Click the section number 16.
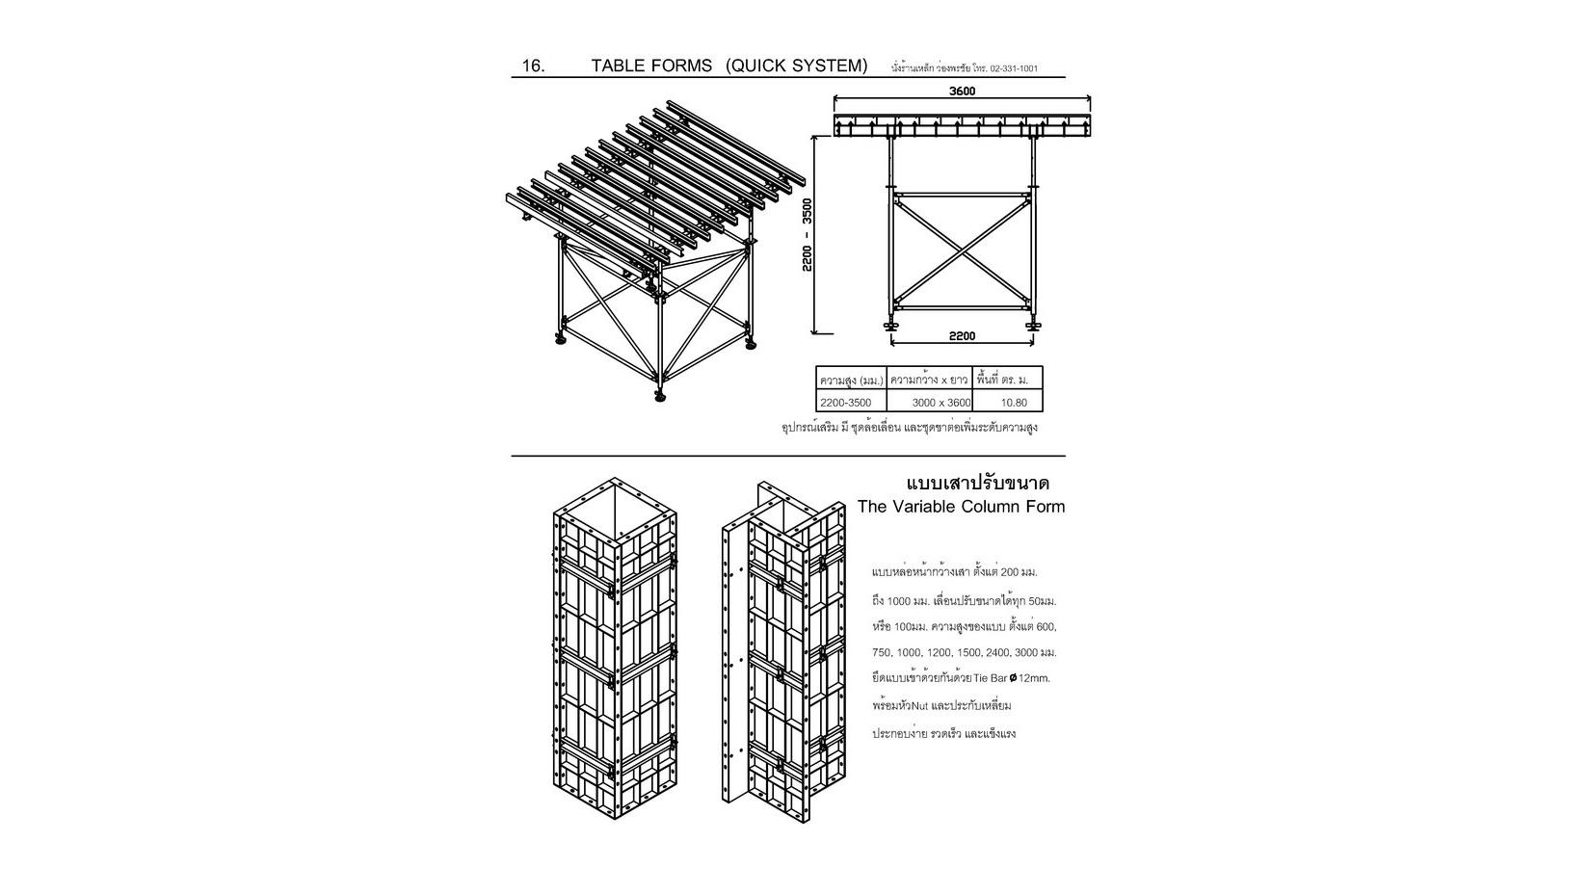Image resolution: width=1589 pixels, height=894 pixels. click(533, 66)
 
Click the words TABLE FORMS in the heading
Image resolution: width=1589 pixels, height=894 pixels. click(651, 66)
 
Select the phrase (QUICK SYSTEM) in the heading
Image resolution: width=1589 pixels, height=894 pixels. click(797, 66)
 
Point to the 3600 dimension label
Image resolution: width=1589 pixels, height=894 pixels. click(962, 92)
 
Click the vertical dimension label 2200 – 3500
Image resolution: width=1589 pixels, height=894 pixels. click(808, 234)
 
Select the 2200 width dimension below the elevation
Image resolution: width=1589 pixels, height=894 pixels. click(962, 336)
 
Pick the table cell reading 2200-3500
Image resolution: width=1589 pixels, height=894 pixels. click(845, 402)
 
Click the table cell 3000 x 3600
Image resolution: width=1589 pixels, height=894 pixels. click(940, 402)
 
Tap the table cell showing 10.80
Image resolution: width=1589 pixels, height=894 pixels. click(1014, 402)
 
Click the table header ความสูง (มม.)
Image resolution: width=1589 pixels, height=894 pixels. click(851, 380)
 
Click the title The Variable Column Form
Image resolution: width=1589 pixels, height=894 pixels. click(961, 507)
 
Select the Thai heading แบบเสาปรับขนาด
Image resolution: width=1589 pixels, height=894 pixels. click(978, 483)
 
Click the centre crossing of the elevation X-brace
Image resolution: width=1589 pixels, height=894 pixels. click(961, 251)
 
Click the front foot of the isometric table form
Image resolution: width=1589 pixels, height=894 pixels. click(660, 395)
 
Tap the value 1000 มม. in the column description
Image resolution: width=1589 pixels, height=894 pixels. click(908, 601)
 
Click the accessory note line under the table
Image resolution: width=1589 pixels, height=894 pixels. click(909, 427)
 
